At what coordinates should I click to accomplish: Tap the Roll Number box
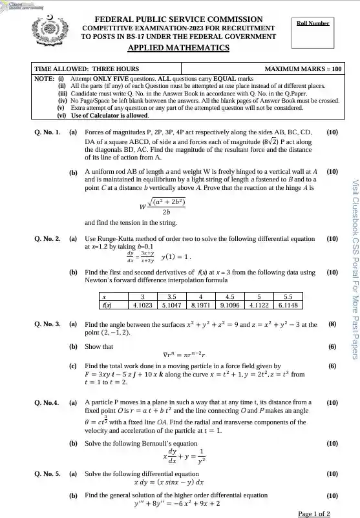pyautogui.click(x=312, y=33)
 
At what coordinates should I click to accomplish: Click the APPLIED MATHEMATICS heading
pyautogui.click(x=178, y=48)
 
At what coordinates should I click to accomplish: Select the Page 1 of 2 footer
pyautogui.click(x=314, y=513)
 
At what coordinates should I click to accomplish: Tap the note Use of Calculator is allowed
pyautogui.click(x=110, y=116)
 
